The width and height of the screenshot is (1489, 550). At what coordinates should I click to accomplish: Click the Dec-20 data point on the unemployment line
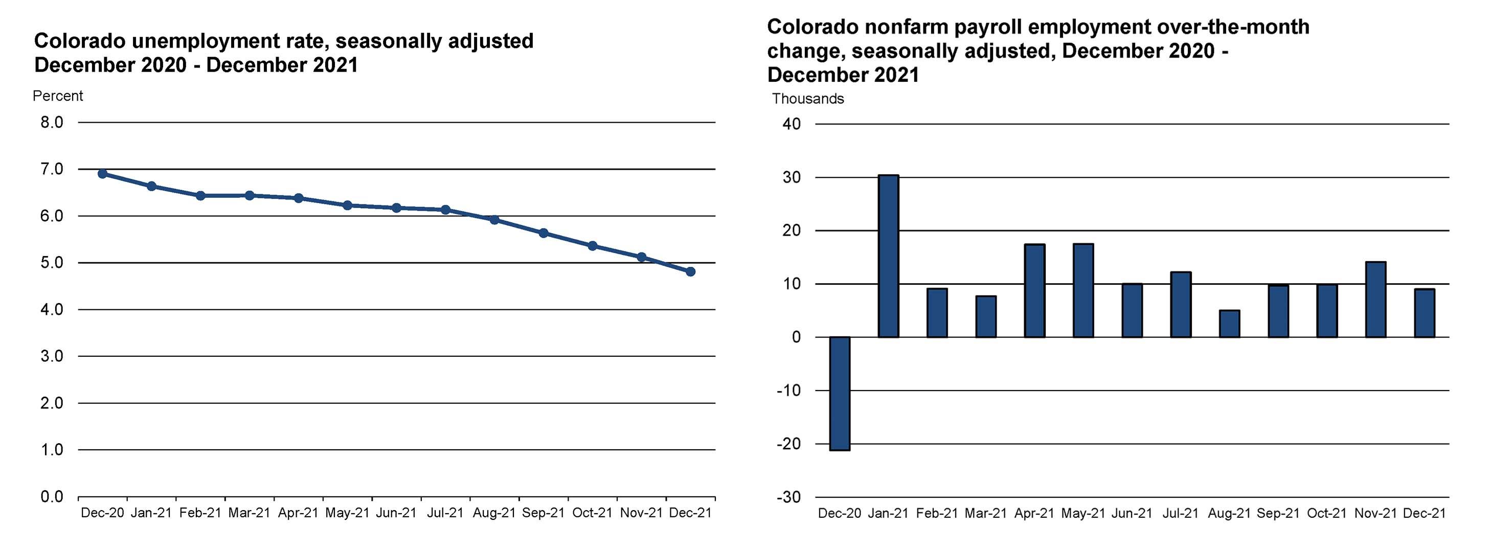(x=102, y=174)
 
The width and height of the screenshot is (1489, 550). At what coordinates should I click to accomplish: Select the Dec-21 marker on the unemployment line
(x=690, y=271)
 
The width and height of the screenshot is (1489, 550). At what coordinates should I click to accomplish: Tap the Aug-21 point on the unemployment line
(x=494, y=219)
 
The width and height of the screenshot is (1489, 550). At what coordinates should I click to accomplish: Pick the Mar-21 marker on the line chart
(x=249, y=195)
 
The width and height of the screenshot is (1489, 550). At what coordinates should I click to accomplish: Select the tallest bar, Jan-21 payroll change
(x=888, y=256)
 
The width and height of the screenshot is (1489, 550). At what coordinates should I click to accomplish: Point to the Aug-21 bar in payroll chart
(x=1229, y=324)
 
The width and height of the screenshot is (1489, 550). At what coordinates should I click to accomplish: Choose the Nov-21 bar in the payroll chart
(x=1375, y=299)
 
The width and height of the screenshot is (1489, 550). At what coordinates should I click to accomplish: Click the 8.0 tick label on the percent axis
(x=52, y=123)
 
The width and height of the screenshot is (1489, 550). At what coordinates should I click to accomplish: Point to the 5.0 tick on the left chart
(x=52, y=263)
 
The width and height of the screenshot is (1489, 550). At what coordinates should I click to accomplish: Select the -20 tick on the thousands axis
(x=788, y=444)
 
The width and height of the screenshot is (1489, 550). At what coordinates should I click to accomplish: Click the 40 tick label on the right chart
(x=792, y=124)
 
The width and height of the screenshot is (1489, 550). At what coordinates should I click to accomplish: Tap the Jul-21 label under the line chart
(x=445, y=513)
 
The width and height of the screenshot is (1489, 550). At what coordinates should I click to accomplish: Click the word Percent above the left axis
(x=58, y=96)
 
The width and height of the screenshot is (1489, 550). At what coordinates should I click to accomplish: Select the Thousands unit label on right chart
(x=807, y=99)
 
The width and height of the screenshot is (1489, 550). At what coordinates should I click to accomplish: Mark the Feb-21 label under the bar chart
(x=936, y=513)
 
